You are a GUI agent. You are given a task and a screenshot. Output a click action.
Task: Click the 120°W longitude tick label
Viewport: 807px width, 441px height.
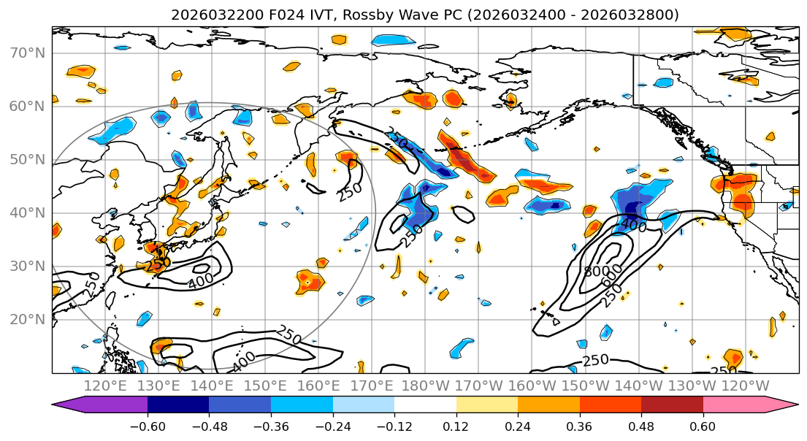click(747, 386)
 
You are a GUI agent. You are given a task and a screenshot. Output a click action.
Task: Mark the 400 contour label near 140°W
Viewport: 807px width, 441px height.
click(633, 226)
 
